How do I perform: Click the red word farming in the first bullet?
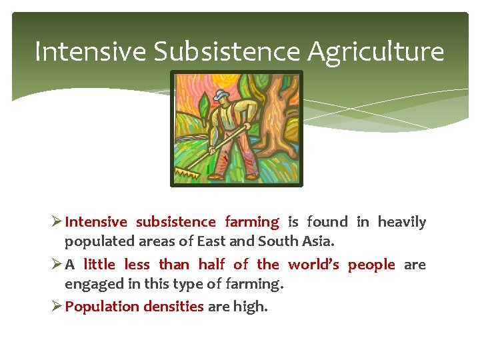click(x=252, y=222)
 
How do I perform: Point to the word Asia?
click(x=316, y=241)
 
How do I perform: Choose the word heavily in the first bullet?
click(x=402, y=222)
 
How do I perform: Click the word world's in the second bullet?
click(x=313, y=265)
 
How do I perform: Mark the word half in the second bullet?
click(x=211, y=265)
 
